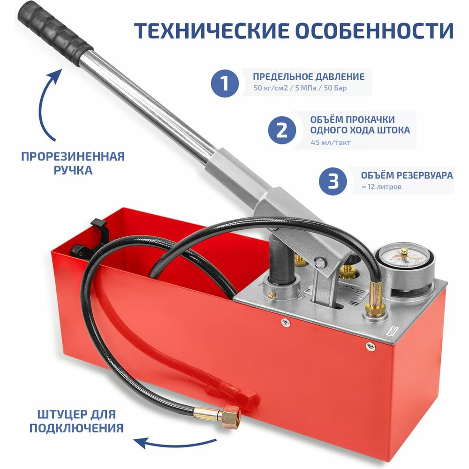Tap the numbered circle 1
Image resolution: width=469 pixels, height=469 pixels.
point(225,83)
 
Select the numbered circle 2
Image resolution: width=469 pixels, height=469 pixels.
point(282,130)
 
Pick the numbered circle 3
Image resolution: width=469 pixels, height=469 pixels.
point(333,181)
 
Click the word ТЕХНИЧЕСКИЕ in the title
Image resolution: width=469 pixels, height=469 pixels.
point(212,30)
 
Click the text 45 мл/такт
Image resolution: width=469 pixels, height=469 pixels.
point(331,143)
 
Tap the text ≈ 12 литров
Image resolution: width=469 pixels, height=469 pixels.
point(381,187)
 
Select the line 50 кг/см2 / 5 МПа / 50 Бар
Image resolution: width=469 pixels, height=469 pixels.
point(300,88)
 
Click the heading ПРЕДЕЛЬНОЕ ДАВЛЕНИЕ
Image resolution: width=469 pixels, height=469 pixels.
point(309,76)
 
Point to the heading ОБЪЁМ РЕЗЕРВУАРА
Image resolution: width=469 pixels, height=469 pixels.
point(407,175)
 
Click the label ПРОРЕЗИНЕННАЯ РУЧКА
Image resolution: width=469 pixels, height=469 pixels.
point(73,163)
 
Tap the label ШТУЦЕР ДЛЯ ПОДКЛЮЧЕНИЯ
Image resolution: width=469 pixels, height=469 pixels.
point(76,421)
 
